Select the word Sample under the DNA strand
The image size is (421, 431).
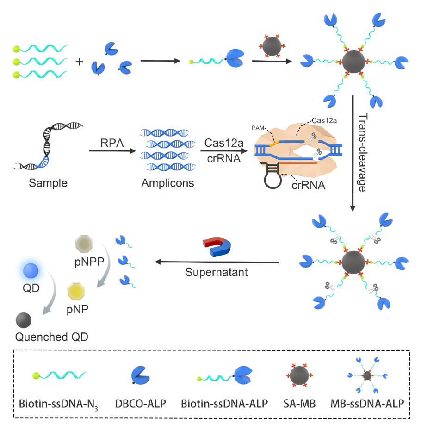pyautogui.click(x=48, y=183)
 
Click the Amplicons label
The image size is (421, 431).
pyautogui.click(x=167, y=183)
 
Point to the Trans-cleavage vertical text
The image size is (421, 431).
pyautogui.click(x=365, y=152)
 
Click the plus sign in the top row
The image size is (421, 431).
pyautogui.click(x=80, y=61)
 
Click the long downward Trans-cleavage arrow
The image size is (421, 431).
pyautogui.click(x=353, y=153)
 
